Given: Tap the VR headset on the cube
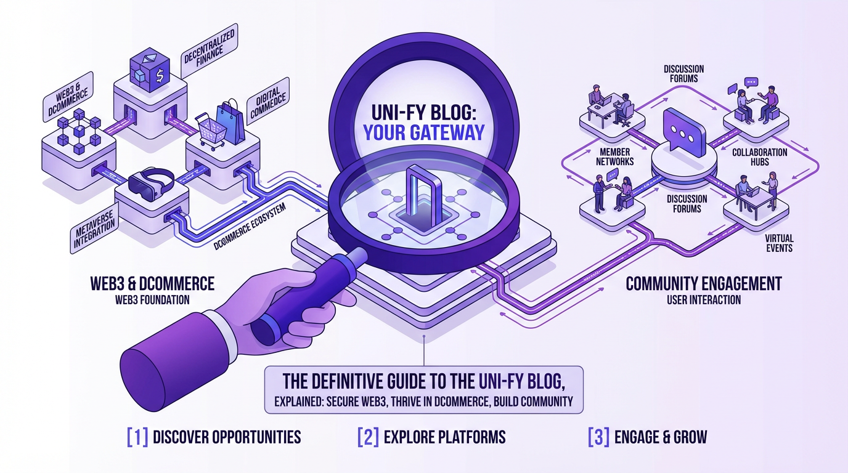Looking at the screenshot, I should click(x=150, y=182).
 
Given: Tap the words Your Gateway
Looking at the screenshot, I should click(x=423, y=132).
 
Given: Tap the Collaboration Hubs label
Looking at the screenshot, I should click(x=759, y=157).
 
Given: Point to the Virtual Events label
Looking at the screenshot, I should click(x=779, y=243).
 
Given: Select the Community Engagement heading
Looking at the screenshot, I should click(x=703, y=284).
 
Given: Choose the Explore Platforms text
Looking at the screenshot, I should click(x=444, y=437).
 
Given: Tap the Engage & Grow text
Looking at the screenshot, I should click(x=661, y=437).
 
